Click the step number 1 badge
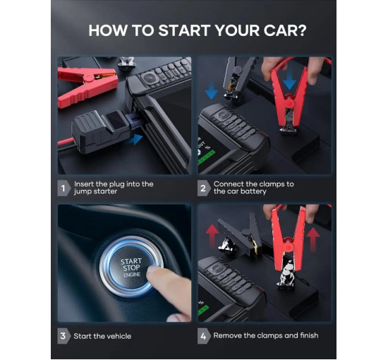(64, 188)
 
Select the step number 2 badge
(204, 188)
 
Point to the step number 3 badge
(64, 336)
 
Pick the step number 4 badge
(204, 336)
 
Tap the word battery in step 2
(253, 191)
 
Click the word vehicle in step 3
(118, 336)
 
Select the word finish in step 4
(309, 335)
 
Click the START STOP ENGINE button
(131, 267)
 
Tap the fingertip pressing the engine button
(152, 270)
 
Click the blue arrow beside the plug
(134, 140)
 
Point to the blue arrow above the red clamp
(289, 81)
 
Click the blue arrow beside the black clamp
(212, 91)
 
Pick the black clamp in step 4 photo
(240, 235)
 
